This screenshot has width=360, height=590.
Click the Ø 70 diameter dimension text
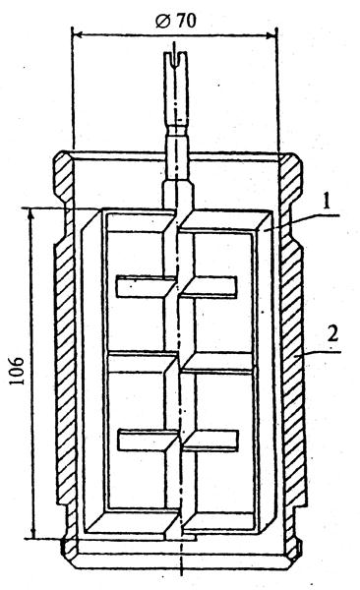176,21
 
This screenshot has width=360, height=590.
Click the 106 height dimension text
18,371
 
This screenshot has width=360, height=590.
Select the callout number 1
327,201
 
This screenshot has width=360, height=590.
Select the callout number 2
332,333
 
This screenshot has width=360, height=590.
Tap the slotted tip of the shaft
174,59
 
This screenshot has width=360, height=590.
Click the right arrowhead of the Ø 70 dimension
271,35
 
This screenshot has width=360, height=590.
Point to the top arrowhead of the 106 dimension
32,213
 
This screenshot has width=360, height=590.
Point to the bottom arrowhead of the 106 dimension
33,532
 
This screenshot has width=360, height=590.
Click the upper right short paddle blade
209,287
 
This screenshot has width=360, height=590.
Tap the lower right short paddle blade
210,441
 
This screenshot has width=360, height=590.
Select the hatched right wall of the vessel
293,377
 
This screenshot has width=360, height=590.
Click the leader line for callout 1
302,221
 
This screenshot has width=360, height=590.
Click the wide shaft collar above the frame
178,194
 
